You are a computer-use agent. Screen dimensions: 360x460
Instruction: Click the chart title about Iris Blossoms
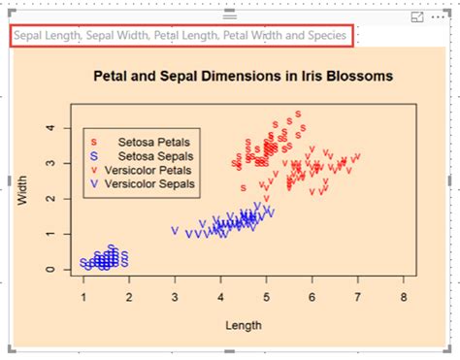click(x=243, y=75)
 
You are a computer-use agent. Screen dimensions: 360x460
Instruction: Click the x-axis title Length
click(x=243, y=325)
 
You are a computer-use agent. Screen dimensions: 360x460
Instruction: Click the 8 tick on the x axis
click(x=402, y=295)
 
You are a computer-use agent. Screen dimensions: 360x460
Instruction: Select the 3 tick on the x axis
click(x=175, y=295)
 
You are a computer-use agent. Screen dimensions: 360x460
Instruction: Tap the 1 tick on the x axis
click(x=83, y=295)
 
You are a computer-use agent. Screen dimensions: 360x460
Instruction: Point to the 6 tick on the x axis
click(x=312, y=295)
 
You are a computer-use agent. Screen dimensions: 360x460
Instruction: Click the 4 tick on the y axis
click(x=50, y=128)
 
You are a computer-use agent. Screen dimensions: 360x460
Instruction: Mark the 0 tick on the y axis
click(x=50, y=270)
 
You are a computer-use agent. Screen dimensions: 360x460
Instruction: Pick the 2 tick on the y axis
click(x=50, y=199)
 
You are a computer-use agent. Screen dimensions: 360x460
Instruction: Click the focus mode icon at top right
click(x=417, y=17)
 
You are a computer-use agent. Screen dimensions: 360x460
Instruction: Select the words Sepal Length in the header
click(x=47, y=36)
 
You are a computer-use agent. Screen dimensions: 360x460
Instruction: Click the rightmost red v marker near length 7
click(x=357, y=156)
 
